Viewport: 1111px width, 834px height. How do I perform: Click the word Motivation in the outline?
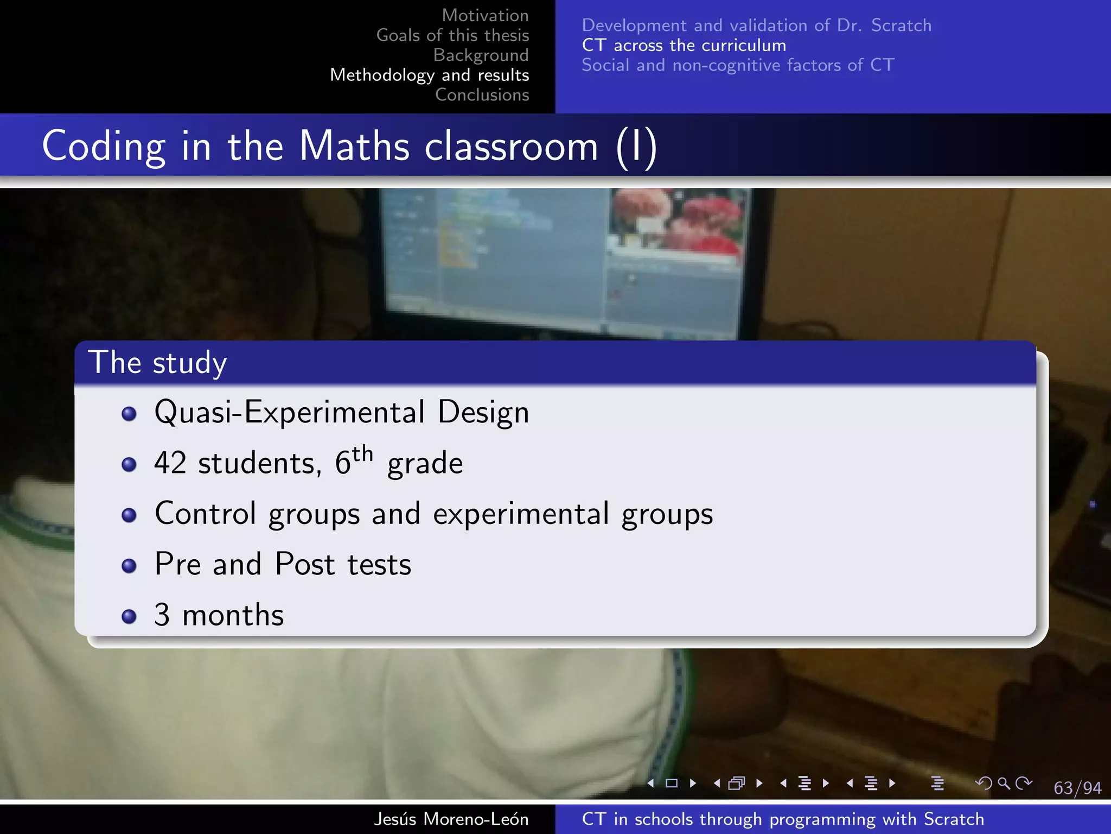485,15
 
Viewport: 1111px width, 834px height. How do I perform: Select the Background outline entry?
481,55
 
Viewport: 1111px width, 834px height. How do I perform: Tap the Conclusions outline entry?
482,94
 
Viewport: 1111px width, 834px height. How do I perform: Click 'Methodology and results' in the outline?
429,75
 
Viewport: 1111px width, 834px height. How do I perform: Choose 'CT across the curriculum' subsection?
684,45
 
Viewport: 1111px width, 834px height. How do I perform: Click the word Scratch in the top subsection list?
901,26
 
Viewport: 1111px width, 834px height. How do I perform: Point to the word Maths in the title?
354,146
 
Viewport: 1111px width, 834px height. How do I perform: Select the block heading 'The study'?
157,363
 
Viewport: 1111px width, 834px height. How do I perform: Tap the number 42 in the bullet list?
170,463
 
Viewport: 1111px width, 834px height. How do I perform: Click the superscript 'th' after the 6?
362,453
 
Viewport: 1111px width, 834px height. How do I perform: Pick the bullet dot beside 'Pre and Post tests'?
129,566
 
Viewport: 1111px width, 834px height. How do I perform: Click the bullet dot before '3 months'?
129,616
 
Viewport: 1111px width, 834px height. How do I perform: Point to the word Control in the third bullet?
205,513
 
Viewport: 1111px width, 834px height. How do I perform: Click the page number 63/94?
1077,788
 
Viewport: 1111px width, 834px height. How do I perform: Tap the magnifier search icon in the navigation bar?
1004,783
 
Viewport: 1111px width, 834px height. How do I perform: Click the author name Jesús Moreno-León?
451,819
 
